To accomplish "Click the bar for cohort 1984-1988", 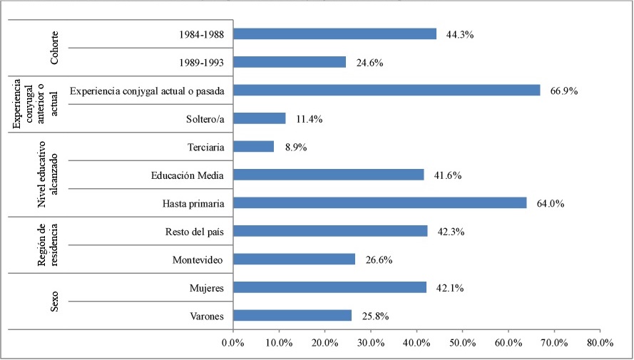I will coord(334,34).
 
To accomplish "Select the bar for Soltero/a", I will coord(260,118).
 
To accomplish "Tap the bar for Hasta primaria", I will coord(379,202).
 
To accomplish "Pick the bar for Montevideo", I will coord(294,259).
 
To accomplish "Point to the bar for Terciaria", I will coord(254,146).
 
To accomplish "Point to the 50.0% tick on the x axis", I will coord(462,342).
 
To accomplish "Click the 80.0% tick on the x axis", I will coord(600,342).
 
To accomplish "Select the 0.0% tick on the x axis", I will coord(233,342).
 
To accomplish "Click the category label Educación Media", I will coord(188,175).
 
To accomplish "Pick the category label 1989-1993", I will coord(203,62).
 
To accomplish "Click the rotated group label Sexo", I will coord(55,301).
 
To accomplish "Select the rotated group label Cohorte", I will coord(55,48).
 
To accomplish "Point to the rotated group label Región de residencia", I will coord(48,245).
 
